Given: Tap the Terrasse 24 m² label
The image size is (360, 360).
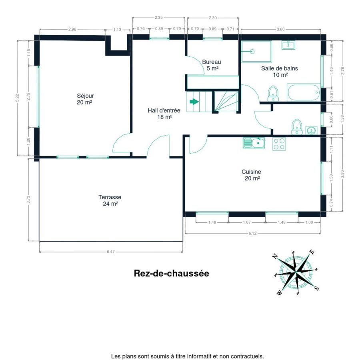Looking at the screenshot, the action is point(110,200).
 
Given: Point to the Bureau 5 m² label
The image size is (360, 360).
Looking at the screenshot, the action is point(212,65).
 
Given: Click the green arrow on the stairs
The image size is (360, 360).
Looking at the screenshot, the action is point(194,102).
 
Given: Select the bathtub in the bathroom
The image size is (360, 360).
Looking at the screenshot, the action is point(303,92).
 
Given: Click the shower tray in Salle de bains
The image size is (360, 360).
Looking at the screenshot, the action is point(256,52).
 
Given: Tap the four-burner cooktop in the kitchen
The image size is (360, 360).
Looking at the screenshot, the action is point(279,144).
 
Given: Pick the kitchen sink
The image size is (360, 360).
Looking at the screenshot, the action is point(254,143).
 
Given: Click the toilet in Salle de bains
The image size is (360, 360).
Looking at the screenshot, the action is point(273,94).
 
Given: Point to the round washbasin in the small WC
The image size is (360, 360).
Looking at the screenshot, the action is point(311,130).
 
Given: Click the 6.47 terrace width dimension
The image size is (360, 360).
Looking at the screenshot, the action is point(111,252).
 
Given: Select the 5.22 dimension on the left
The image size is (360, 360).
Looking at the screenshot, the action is point(18,98).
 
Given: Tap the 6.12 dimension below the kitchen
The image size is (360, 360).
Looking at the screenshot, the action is point(252,233).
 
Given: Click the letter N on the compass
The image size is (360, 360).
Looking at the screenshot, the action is point(274,256).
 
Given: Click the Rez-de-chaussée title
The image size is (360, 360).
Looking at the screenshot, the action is point(172,273).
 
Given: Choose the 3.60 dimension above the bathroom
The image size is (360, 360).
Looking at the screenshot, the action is point(280,29).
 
